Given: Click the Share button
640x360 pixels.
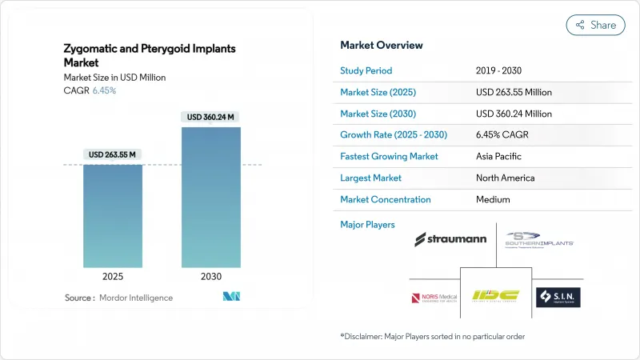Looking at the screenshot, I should point(596,25).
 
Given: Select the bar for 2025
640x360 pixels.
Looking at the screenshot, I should point(113,216).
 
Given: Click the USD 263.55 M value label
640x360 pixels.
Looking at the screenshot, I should point(113,154).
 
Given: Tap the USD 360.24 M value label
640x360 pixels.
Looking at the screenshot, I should point(211,117).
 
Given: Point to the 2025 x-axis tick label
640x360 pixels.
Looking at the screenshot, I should point(113,277).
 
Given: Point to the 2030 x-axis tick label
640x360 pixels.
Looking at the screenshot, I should point(211,277).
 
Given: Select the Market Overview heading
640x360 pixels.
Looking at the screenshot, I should point(382,46).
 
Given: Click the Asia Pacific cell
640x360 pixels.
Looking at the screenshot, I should point(498,156).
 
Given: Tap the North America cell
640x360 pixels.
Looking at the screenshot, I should point(505,178).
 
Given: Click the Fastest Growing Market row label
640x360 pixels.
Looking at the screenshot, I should point(390,156).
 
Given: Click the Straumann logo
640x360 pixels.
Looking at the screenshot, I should point(450,239).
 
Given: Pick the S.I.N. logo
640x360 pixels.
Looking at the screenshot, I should point(558,298).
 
